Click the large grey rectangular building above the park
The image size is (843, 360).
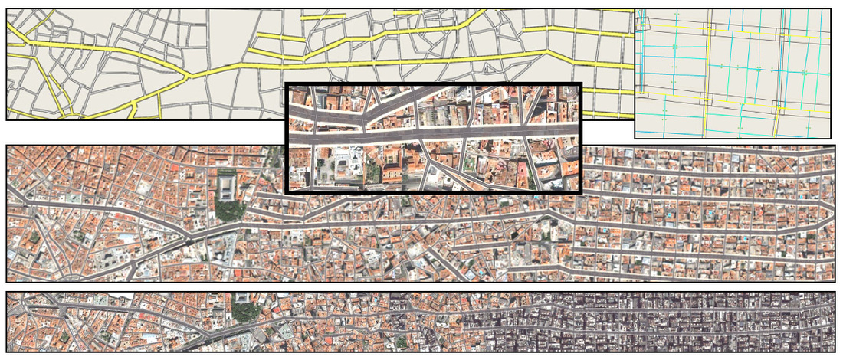tap(228, 185)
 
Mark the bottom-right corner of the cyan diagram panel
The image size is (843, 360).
tap(831, 138)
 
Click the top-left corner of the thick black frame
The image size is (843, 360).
tap(286, 83)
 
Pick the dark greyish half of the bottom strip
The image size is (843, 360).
tap(651, 322)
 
